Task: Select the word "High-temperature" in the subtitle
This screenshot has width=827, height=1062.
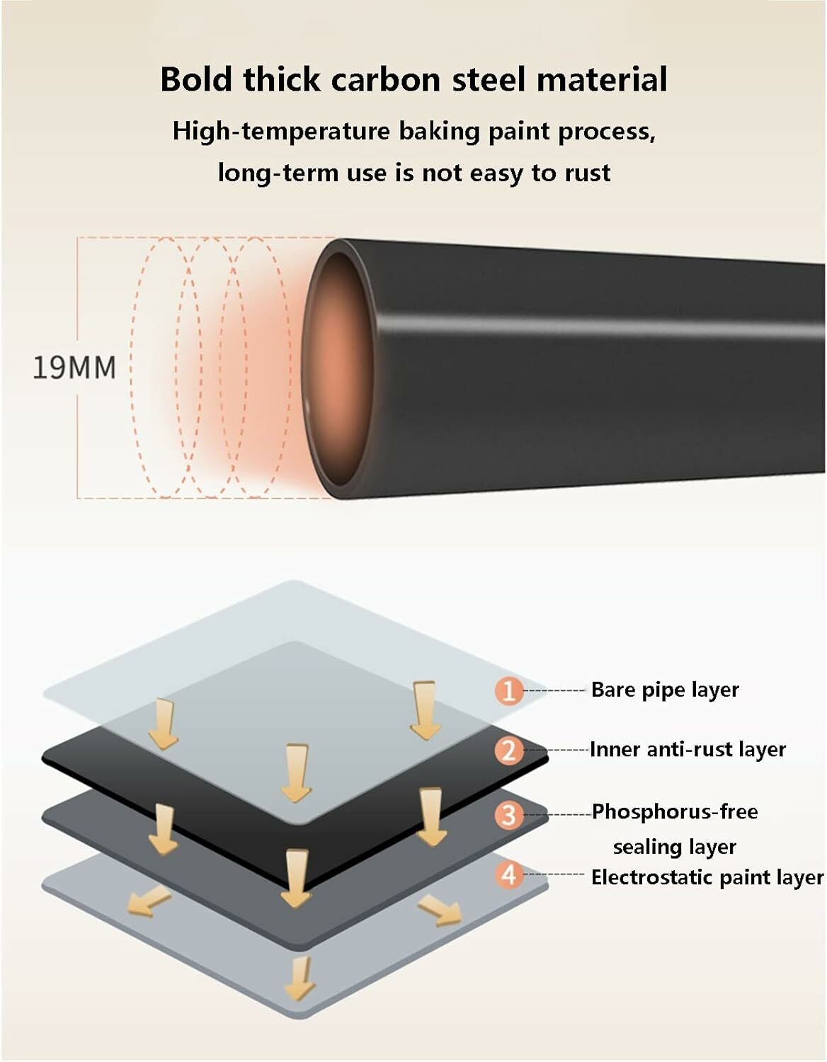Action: [x=282, y=132]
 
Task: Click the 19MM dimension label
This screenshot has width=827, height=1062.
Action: [x=74, y=367]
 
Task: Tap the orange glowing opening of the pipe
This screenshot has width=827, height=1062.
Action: [x=336, y=367]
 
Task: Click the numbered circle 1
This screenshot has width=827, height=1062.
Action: [x=509, y=691]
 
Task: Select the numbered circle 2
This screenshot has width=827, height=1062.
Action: [x=509, y=750]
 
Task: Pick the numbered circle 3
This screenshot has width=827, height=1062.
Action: [x=509, y=815]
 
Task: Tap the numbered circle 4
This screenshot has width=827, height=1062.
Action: [x=509, y=874]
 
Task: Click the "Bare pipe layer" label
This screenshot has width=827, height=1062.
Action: [x=665, y=690]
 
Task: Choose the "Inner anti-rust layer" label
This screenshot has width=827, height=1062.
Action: [x=688, y=750]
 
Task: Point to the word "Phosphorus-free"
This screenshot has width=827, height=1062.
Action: [x=675, y=812]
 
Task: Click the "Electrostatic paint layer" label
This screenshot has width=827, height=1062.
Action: [x=707, y=877]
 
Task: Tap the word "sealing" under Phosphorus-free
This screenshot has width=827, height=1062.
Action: [x=651, y=847]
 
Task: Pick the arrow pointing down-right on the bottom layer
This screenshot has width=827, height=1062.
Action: [x=440, y=910]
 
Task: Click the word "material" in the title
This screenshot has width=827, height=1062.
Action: [x=602, y=79]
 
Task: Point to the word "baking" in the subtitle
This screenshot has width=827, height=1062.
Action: [x=439, y=132]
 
